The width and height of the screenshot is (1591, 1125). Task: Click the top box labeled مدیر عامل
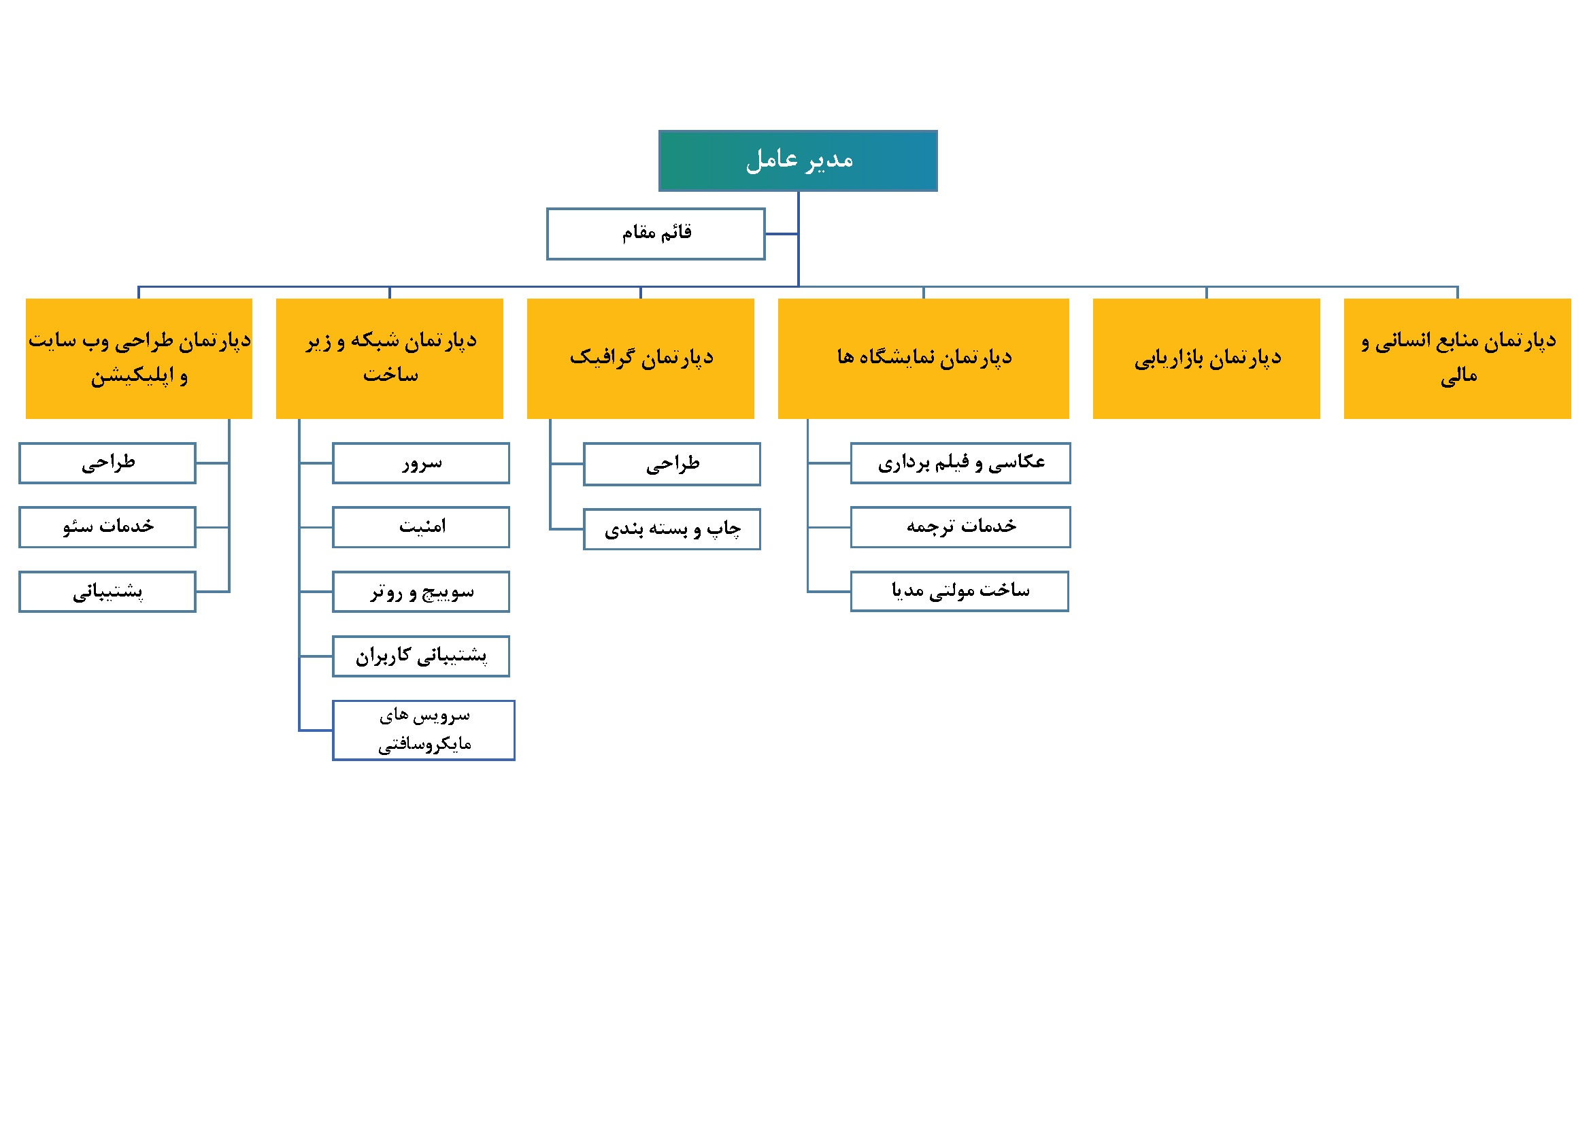798,161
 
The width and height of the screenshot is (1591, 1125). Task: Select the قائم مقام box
656,234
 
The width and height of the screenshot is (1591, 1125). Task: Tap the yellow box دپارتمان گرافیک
640,359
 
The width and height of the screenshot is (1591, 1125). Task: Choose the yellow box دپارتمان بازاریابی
1206,359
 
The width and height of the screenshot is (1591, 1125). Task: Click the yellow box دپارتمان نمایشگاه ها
923,359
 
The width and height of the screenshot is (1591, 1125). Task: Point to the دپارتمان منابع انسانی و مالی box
1457,359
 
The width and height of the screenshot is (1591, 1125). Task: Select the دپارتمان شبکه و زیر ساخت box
390,359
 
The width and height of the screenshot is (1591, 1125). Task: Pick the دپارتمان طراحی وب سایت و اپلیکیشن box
139,359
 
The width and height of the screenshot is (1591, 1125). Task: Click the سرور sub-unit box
420,463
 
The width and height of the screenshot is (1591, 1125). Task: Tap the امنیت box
420,527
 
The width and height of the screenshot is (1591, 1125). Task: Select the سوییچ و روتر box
420,592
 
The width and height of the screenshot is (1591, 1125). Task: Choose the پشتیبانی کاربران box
420,656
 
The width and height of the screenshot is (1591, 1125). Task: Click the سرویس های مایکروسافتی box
423,730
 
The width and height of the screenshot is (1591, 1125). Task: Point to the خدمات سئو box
107,527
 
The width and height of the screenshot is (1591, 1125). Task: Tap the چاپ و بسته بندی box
671,529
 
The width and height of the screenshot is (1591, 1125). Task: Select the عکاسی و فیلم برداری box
960,463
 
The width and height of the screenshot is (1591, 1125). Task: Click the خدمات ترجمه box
960,527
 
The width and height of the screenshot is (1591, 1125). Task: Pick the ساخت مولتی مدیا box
960,592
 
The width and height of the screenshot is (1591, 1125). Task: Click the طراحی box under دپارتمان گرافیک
671,464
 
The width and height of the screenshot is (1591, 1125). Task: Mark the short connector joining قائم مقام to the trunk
782,234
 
